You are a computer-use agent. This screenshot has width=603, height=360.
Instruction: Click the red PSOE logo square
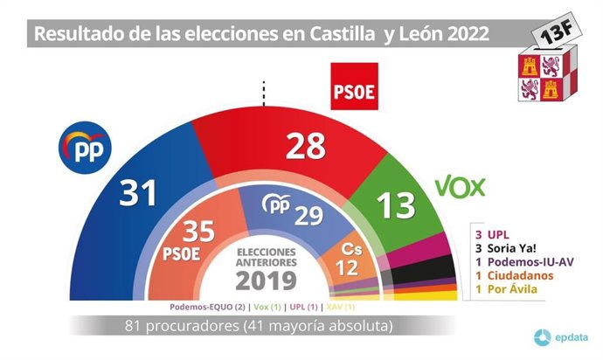[353, 87]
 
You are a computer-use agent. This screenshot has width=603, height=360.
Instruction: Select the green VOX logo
[460, 187]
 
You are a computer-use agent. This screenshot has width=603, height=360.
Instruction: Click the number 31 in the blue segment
[137, 190]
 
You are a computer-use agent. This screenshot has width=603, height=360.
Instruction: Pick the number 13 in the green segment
[395, 204]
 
